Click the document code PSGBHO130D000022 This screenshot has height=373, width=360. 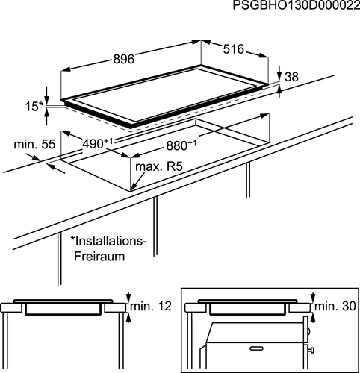click(297, 5)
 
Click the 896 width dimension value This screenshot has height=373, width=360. click(124, 59)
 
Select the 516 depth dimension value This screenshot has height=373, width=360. click(233, 49)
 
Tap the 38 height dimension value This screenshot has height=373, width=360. click(291, 77)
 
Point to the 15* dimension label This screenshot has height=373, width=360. click(34, 107)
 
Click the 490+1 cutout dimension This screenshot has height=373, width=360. click(98, 143)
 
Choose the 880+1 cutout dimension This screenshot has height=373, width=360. click(181, 145)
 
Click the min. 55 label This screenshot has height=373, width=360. click(34, 144)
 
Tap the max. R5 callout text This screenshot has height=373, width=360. click(159, 166)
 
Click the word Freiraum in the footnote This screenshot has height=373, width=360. click(99, 256)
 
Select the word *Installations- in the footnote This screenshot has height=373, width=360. click(108, 241)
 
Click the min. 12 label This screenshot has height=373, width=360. click(151, 306)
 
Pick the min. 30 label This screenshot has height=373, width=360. click(335, 306)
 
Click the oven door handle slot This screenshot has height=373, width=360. click(257, 348)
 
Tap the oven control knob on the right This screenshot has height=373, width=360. click(311, 350)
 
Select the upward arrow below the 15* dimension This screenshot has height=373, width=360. click(46, 117)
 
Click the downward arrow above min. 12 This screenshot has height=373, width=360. click(128, 298)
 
